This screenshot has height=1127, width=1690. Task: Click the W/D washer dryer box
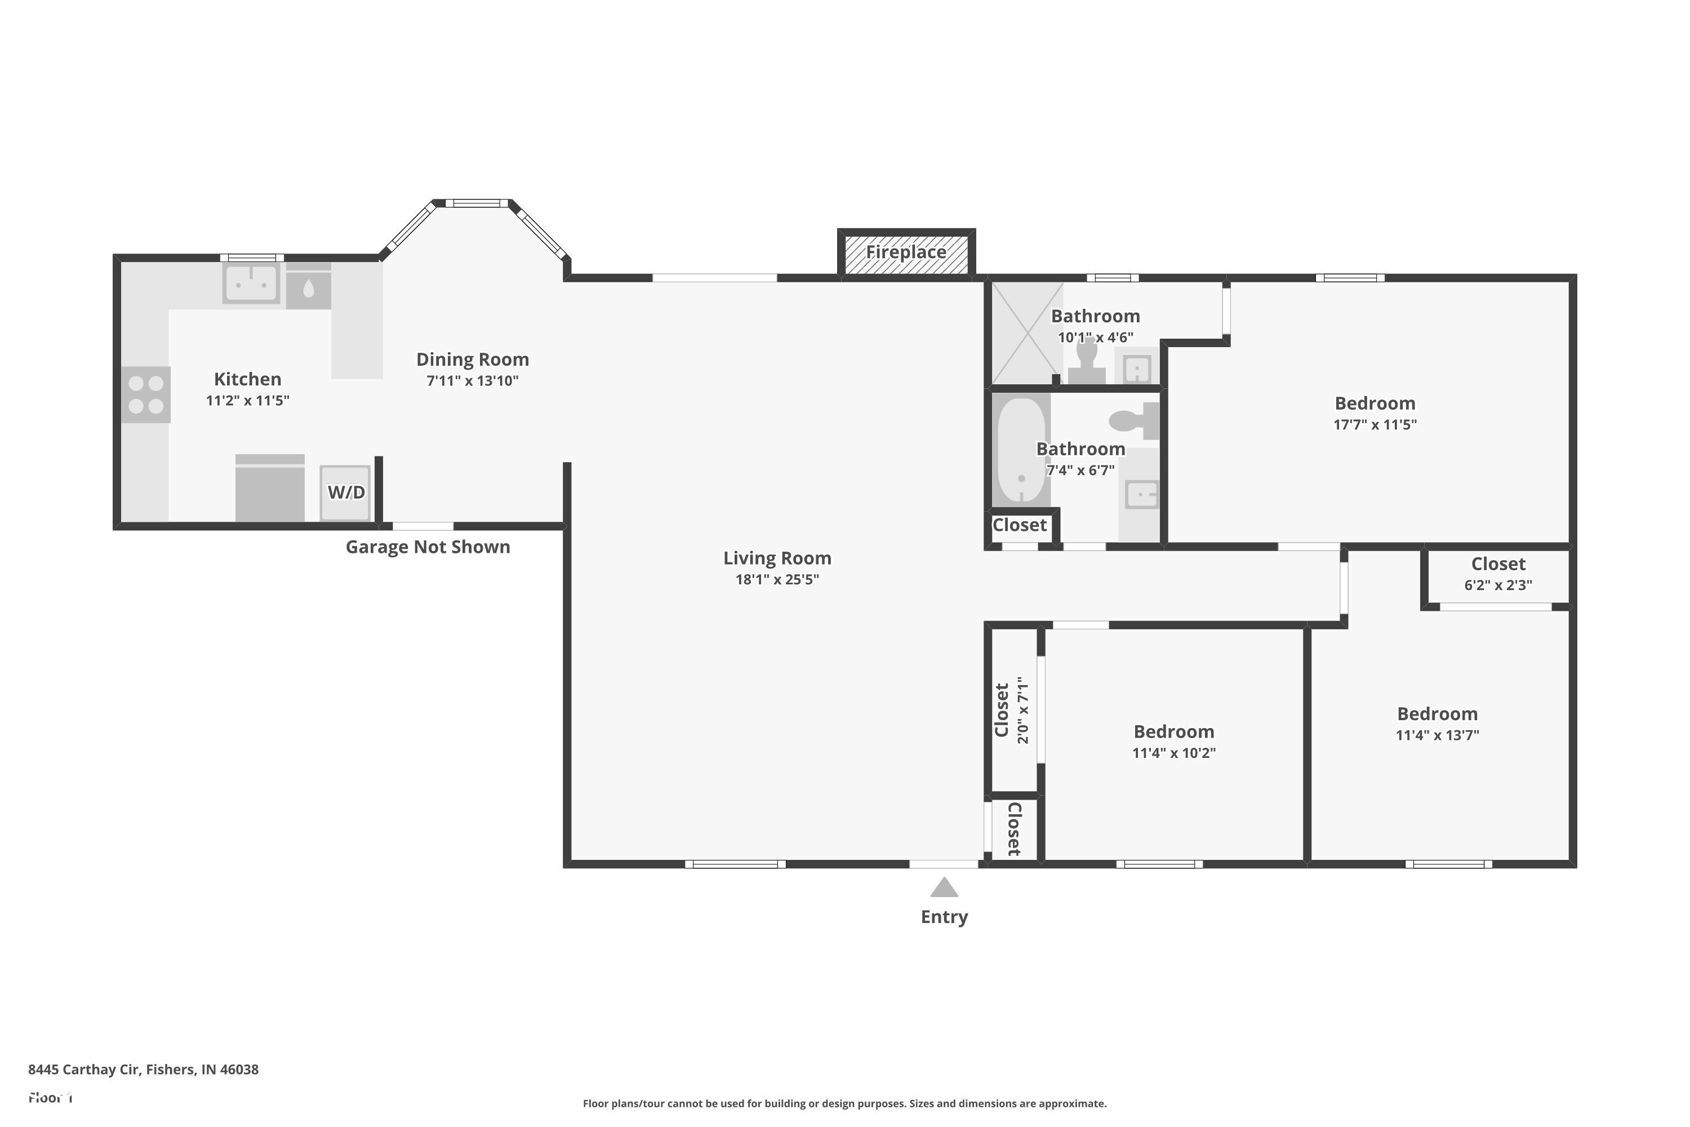pos(346,492)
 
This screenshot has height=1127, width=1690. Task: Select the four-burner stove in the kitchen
pos(146,394)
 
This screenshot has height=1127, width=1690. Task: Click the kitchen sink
pos(251,283)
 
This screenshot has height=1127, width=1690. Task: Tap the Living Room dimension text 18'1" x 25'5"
pos(777,579)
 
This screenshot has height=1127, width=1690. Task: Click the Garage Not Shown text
pos(428,547)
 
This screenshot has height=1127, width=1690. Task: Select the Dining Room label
pos(472,360)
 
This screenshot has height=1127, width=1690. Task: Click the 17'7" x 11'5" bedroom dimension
pos(1375,425)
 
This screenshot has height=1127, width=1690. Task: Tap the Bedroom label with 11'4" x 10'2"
pos(1173,731)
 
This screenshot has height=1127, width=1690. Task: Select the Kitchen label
pos(247,379)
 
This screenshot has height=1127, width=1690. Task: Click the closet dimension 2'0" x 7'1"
pos(1023,709)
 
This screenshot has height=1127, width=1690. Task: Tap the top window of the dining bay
pos(477,203)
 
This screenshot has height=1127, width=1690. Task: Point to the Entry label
pos(944,917)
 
